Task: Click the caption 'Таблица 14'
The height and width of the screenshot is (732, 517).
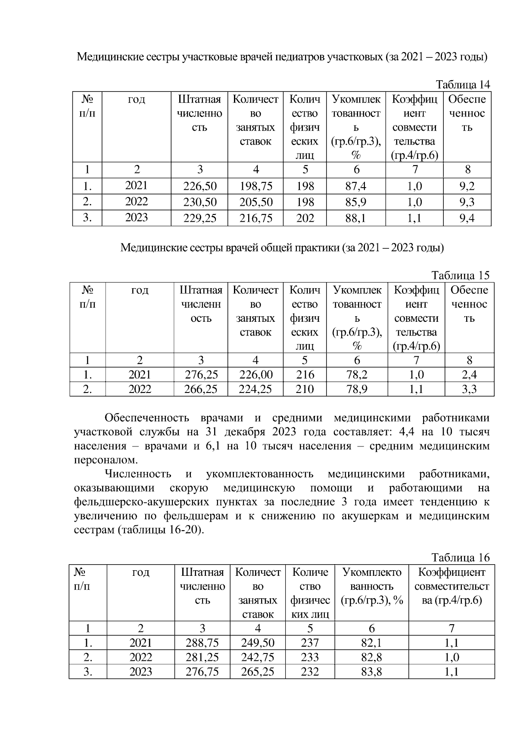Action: tap(463, 84)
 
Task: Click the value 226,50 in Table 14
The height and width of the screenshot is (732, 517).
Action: tap(200, 186)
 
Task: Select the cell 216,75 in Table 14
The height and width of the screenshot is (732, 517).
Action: tap(256, 218)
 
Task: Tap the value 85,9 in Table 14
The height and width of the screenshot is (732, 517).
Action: tap(356, 202)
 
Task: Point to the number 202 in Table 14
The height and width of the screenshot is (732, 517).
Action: tap(305, 218)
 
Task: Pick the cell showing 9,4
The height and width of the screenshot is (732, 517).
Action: tap(467, 218)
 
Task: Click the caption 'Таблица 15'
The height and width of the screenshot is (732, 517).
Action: tap(461, 275)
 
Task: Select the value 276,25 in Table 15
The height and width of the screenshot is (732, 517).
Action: tap(201, 374)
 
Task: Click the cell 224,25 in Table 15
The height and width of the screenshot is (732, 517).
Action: tap(255, 389)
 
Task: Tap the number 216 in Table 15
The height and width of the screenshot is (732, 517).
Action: tap(305, 374)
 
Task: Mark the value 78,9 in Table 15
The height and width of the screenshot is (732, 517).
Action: tap(357, 389)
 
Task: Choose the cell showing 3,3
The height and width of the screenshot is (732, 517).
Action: tap(469, 389)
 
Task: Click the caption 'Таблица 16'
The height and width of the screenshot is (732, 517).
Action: tap(461, 557)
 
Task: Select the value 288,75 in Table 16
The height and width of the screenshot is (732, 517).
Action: tap(202, 643)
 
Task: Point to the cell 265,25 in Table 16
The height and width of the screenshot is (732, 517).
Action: tap(258, 672)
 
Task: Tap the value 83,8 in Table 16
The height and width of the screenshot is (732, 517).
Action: tap(371, 672)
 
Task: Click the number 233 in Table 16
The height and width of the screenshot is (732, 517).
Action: tap(310, 657)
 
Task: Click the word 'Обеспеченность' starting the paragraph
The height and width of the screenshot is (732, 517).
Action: tap(147, 418)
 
